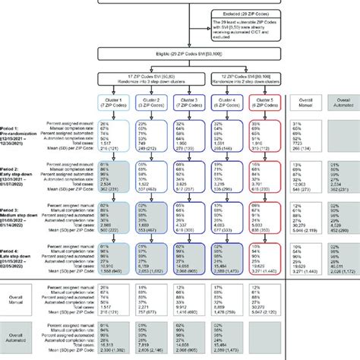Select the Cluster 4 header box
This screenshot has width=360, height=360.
[229, 105]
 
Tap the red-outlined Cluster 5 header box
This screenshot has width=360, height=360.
[267, 105]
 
